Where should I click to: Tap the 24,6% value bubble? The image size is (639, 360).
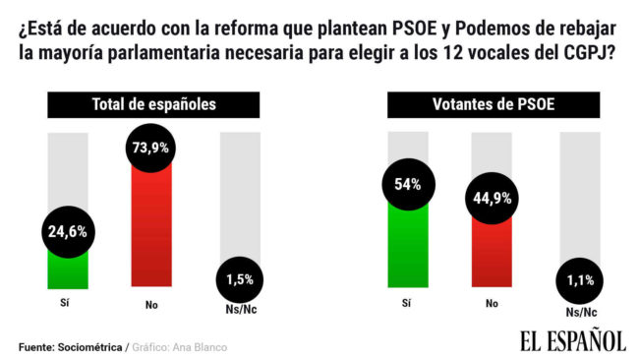pos(68,232)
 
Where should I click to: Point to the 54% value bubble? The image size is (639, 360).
pos(408,184)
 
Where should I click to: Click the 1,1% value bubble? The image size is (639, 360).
pos(578,279)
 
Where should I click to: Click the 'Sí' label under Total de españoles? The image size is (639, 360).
pos(66,306)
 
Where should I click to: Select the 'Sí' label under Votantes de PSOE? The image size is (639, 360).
pos(408,306)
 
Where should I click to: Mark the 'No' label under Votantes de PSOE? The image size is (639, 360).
pos(493,306)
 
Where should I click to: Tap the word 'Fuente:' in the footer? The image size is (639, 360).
pos(36,347)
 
